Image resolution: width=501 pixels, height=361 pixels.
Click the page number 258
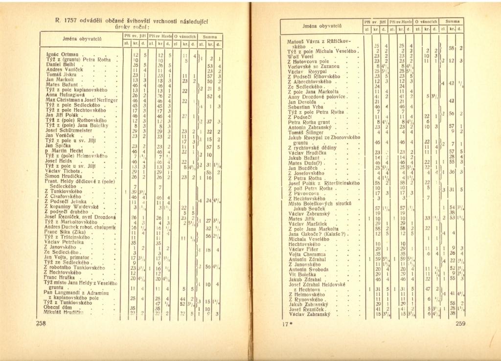[41, 323]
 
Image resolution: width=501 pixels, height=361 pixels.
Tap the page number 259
[460, 323]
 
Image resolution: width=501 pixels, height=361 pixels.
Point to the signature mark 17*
[286, 323]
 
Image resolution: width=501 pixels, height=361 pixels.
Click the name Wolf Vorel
[301, 56]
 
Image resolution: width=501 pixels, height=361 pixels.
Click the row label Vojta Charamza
[307, 254]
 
